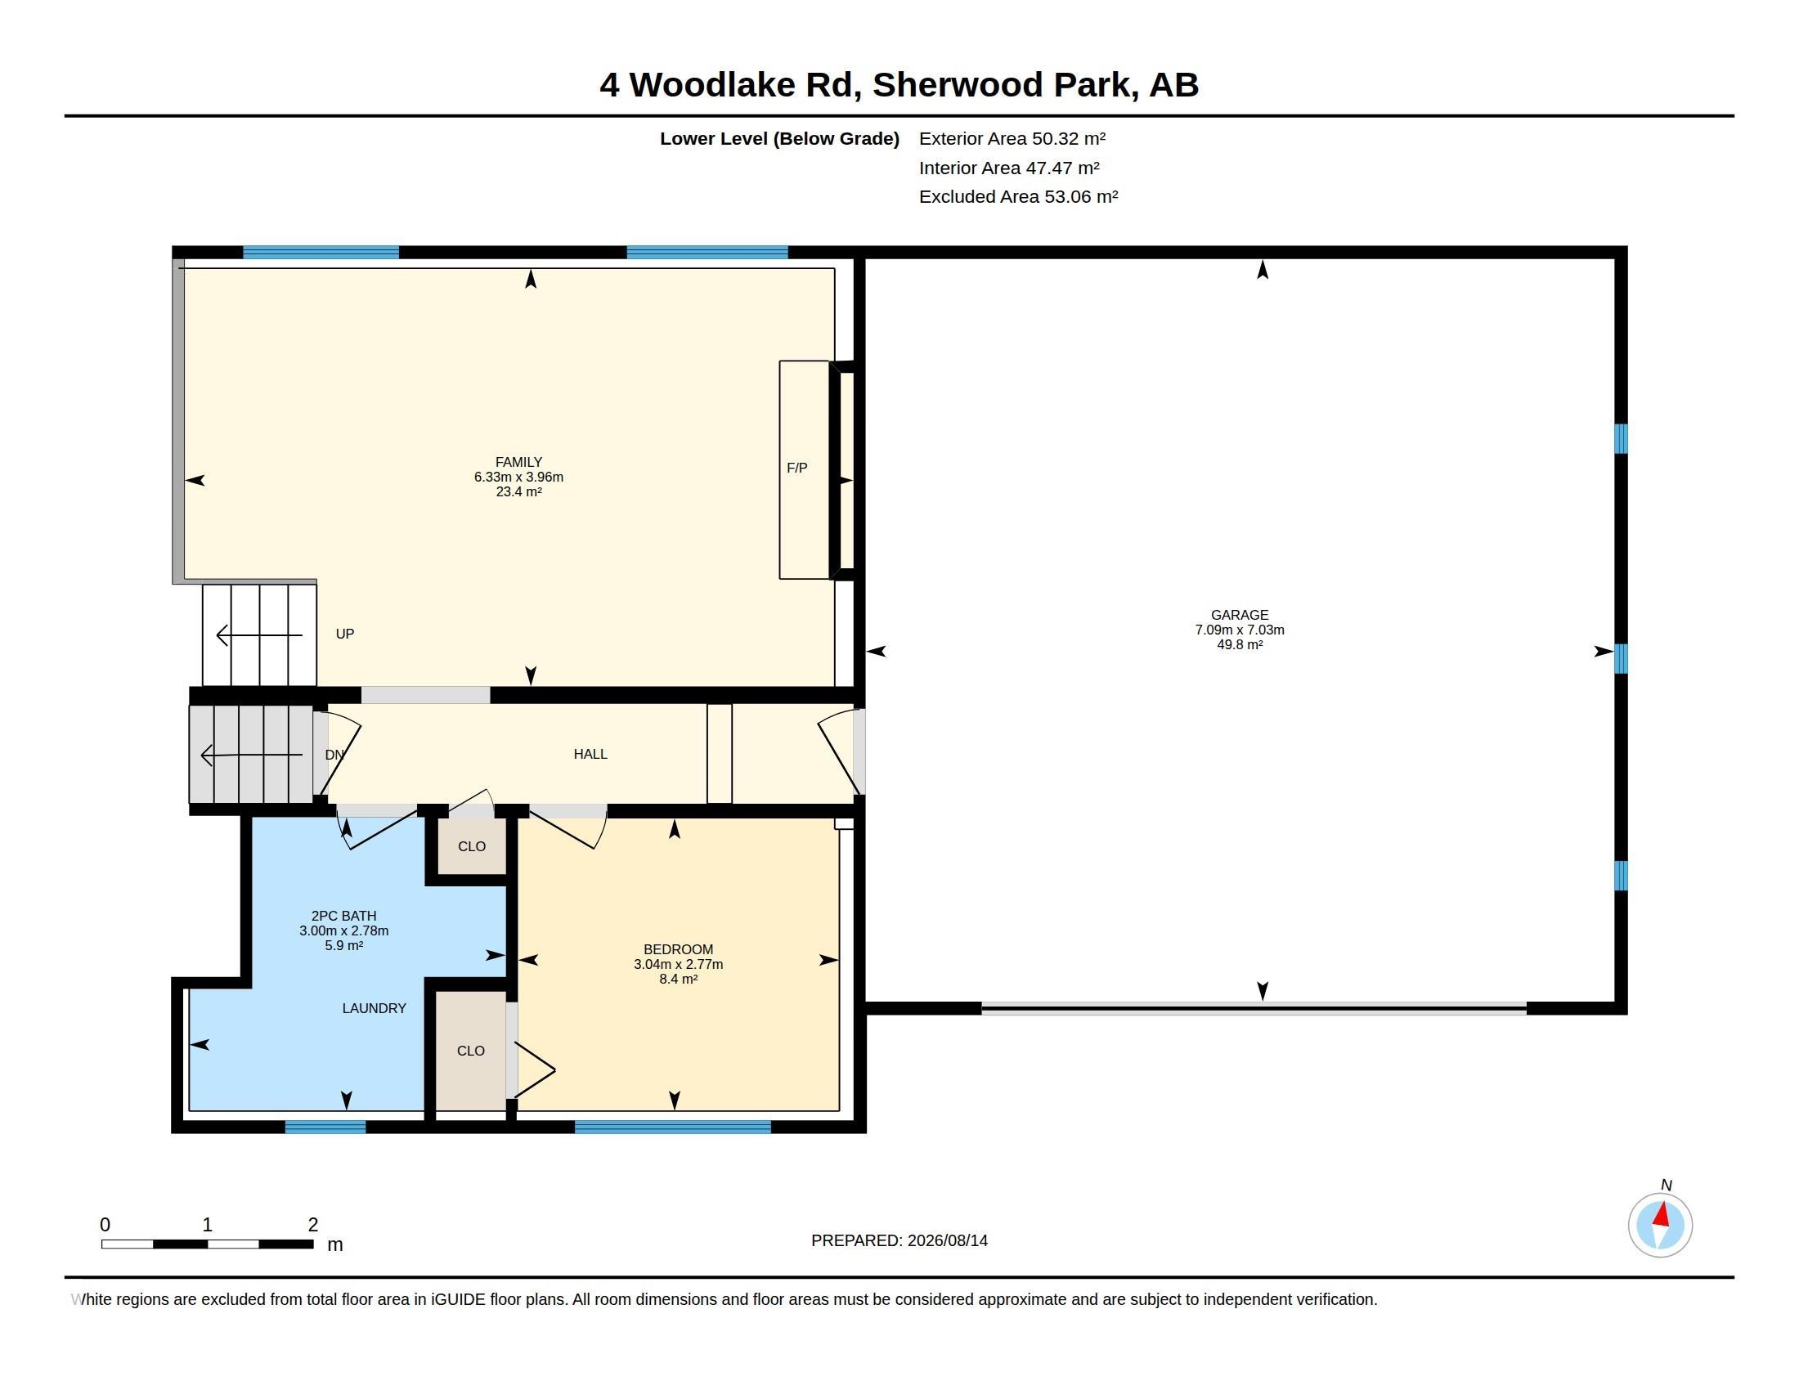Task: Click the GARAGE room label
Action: click(x=1239, y=615)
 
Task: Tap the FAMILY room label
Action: click(x=518, y=463)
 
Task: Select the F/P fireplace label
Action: click(x=796, y=468)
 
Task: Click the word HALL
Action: click(x=590, y=755)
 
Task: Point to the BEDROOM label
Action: click(x=678, y=949)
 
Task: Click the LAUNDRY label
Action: click(x=374, y=1008)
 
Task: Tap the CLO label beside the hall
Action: click(x=471, y=846)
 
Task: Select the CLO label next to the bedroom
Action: click(x=470, y=1051)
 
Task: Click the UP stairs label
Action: click(x=345, y=634)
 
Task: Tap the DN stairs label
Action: click(x=334, y=756)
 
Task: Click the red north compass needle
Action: click(x=1662, y=1215)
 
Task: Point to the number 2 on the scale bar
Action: click(x=313, y=1225)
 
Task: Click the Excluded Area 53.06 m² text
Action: click(x=1018, y=197)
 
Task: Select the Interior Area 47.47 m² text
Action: click(x=1009, y=168)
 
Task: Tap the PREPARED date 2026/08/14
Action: click(x=947, y=1240)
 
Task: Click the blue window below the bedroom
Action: click(x=672, y=1128)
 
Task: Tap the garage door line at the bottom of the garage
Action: click(x=1254, y=1008)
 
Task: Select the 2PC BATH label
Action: click(x=343, y=916)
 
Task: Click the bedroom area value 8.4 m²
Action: click(x=678, y=979)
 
